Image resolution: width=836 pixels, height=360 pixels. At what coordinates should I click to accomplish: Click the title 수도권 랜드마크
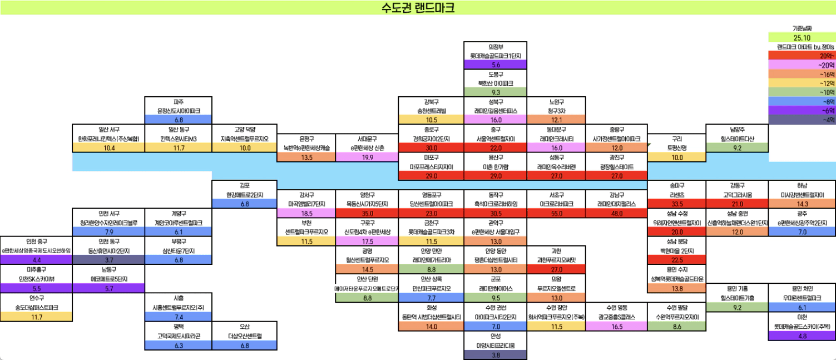coord(418,7)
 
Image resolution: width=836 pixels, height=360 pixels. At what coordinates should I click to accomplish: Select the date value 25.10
coord(802,37)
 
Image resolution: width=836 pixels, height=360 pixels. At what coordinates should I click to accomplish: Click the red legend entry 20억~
coord(802,56)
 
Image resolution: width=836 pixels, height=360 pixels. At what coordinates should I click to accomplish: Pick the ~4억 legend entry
coord(802,119)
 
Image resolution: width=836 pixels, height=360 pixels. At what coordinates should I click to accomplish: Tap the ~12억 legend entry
coord(802,83)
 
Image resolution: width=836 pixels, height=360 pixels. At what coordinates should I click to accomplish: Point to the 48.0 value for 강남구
coord(616,213)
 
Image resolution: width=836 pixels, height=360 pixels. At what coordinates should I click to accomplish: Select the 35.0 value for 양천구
coord(367,213)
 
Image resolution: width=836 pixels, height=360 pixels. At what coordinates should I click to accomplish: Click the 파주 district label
coord(179,102)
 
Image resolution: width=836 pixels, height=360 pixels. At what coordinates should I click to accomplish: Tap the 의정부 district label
coord(495,47)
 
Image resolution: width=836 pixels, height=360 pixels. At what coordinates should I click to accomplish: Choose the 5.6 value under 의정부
coord(495,65)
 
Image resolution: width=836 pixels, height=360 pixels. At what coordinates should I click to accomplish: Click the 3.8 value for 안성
coord(495,354)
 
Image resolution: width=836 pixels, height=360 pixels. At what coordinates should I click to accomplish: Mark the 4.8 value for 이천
coord(802,336)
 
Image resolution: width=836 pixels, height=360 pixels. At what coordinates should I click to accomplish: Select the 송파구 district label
coord(677,185)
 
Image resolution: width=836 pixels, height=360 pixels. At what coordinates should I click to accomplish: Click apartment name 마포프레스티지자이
coord(431,166)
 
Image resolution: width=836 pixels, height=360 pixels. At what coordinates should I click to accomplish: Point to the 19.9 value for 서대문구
coord(367,157)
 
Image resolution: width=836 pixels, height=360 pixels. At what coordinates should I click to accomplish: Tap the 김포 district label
coord(245,185)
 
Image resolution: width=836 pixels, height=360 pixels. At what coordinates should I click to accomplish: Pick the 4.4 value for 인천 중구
coord(36,260)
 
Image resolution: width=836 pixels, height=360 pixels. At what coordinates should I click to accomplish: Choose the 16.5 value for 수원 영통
coord(616,327)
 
